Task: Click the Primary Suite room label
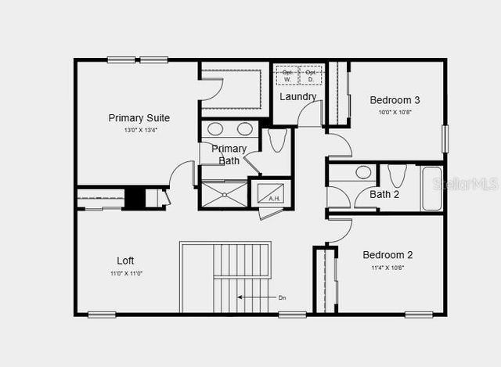point(139,118)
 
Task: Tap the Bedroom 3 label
point(395,100)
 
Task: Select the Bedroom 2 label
point(387,255)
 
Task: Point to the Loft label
point(126,261)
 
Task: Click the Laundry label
point(298,97)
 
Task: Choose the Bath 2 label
point(384,194)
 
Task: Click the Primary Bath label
point(229,155)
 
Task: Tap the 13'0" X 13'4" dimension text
point(140,131)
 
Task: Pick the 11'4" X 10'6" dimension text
point(387,268)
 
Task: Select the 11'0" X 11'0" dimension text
point(126,273)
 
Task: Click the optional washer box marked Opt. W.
point(287,74)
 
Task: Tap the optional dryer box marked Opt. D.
point(312,74)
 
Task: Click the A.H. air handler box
point(274,198)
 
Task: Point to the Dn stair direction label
point(283,297)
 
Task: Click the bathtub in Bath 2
point(432,188)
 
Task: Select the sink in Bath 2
point(363,172)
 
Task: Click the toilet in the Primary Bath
point(276,141)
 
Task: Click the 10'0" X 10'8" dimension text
point(395,112)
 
